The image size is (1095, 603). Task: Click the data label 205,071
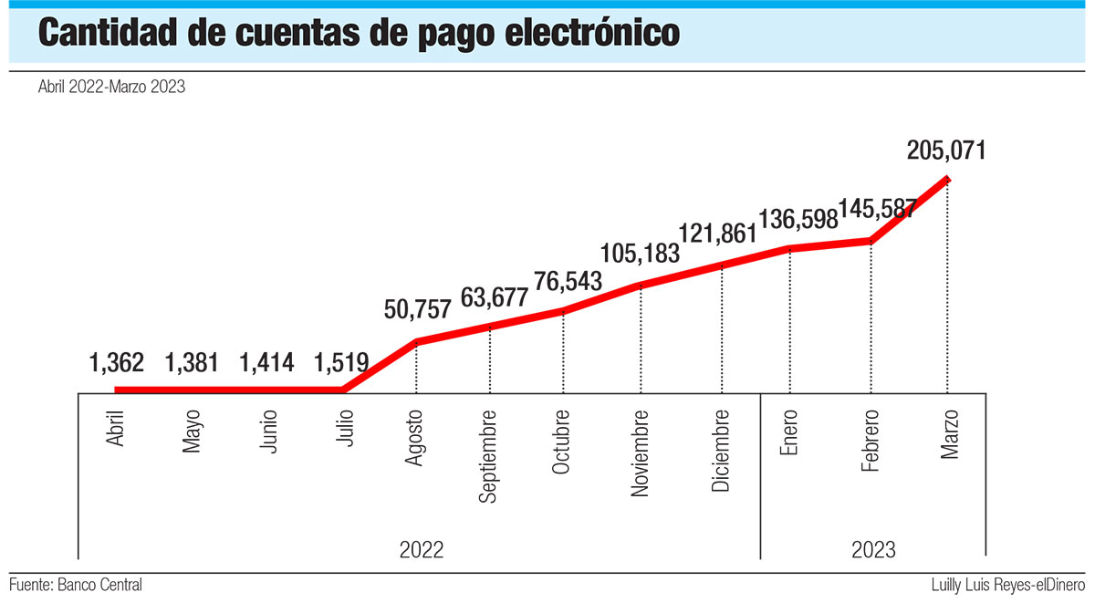pos(946,151)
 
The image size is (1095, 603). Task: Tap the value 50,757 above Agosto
pos(417,309)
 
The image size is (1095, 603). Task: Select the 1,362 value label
pos(117,363)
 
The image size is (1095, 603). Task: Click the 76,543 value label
pos(563,282)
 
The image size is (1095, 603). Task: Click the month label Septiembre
pos(489,456)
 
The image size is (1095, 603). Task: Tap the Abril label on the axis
pos(116,426)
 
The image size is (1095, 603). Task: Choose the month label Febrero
pos(871,442)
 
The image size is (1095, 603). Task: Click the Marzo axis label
pos(948,435)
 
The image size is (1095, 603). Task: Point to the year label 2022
pos(422,550)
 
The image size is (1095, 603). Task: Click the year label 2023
pos(873,550)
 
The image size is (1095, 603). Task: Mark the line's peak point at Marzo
pos(948,178)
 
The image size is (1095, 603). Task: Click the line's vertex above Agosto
pos(417,342)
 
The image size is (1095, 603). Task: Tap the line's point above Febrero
pos(871,241)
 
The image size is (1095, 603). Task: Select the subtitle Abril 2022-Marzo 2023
pos(112,88)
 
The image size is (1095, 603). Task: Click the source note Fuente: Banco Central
pos(76,584)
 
